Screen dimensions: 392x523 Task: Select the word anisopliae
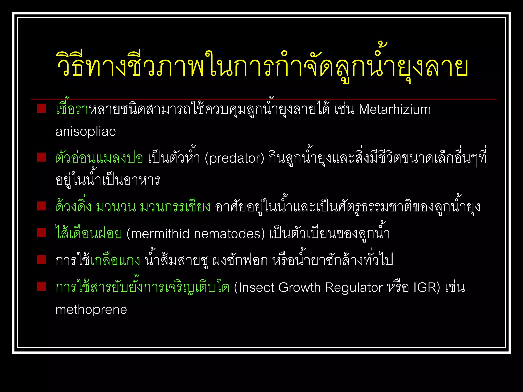coord(86,132)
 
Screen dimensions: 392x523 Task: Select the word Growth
coord(299,288)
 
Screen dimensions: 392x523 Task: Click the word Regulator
coord(354,288)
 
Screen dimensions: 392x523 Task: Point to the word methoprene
coord(91,310)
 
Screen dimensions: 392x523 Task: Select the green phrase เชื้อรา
coord(72,109)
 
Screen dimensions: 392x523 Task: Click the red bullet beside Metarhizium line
coord(41,108)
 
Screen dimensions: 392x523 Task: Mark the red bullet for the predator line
coord(41,157)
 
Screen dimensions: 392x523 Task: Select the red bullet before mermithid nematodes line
coord(41,233)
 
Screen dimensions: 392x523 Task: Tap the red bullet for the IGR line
coord(41,286)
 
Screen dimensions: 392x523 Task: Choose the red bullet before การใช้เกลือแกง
coord(41,260)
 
